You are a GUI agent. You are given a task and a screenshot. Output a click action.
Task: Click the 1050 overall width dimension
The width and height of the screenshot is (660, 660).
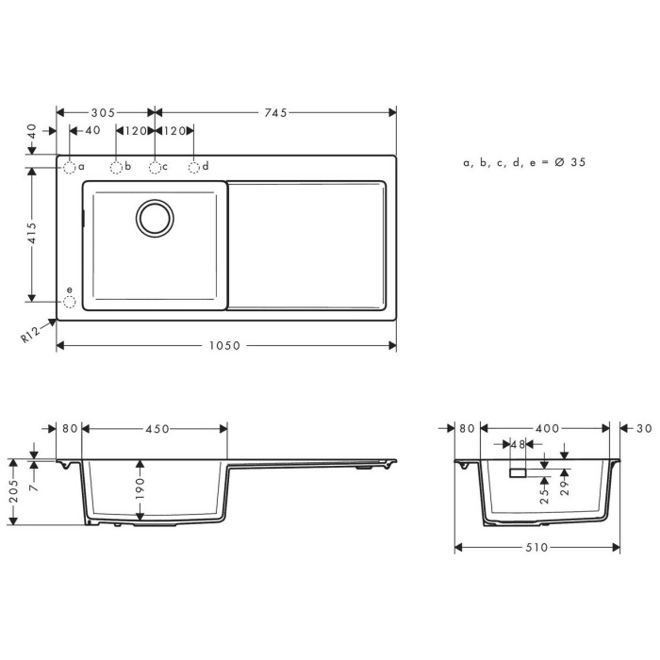(226, 346)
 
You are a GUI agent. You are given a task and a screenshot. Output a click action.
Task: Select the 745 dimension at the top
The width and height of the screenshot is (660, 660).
(275, 113)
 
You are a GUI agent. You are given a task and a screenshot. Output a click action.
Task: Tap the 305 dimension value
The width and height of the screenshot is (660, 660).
(103, 113)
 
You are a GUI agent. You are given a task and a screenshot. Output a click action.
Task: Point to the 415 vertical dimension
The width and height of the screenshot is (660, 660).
(32, 233)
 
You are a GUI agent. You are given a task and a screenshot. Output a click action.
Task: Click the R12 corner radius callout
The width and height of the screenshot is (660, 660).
(31, 334)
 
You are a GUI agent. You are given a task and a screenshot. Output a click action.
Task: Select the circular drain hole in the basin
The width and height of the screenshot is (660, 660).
(155, 218)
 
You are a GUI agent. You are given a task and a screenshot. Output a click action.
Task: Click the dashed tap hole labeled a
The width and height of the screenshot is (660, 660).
(70, 168)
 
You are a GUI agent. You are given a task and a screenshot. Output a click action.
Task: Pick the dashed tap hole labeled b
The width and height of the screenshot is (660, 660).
(116, 168)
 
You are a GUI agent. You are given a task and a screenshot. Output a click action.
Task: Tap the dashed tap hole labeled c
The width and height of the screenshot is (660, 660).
(155, 168)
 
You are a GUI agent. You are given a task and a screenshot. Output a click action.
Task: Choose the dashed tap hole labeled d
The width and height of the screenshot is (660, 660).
(193, 168)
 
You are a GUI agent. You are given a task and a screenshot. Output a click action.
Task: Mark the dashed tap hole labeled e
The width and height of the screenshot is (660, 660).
(69, 302)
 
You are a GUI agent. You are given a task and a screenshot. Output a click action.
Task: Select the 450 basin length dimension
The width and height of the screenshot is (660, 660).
(157, 429)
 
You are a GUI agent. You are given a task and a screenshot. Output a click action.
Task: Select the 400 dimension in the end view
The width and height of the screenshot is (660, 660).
(546, 429)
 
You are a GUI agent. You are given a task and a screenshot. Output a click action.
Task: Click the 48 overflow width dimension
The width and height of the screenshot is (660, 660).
(519, 444)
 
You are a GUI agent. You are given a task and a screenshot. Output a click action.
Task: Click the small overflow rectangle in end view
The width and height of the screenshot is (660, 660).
(519, 470)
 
